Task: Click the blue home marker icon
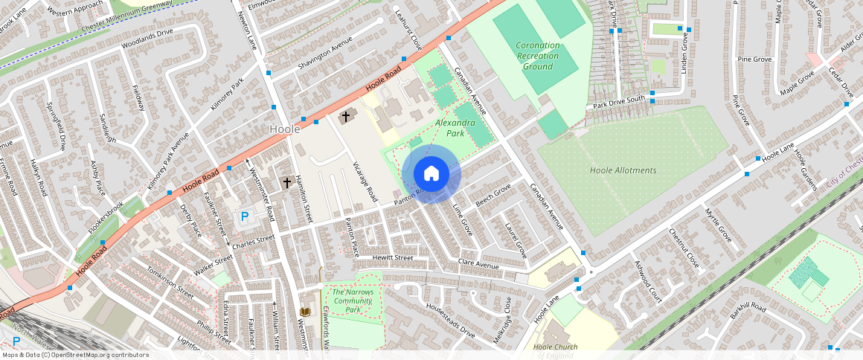pos(431,173)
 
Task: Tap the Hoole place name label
pos(284,129)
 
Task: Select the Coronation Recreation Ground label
pos(537,56)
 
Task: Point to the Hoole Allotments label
pos(623,170)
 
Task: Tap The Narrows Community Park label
pos(353,300)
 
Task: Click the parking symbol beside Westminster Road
pos(243,217)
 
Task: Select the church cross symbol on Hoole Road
pos(345,117)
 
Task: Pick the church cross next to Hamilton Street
pos(286,182)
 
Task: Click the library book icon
pos(304,312)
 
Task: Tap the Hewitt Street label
pos(393,258)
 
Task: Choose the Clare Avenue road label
pos(478,264)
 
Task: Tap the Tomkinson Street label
pos(171,283)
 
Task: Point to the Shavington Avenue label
pos(324,55)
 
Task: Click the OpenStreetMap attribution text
pos(74,355)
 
